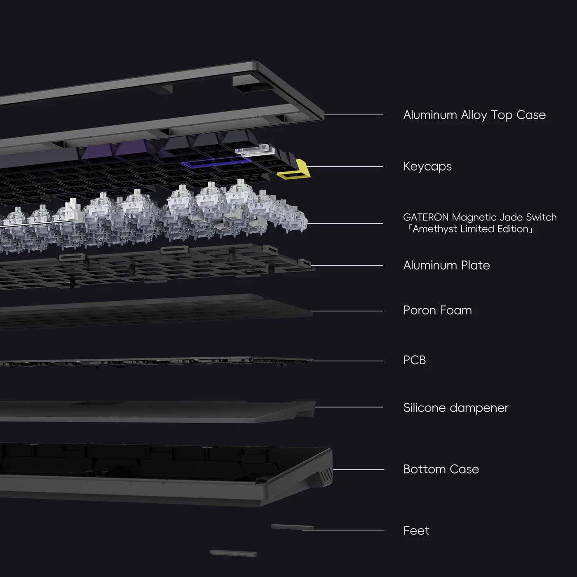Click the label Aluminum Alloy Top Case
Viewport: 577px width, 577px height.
[x=474, y=115]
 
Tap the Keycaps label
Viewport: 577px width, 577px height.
[x=427, y=167]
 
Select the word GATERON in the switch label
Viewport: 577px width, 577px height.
[x=426, y=217]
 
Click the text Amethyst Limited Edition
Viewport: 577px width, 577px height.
[x=470, y=229]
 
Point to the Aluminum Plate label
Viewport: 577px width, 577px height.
[x=446, y=265]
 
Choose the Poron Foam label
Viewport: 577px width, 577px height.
[x=437, y=310]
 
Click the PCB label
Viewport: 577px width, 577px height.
[x=414, y=360]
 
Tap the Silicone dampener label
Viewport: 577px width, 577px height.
[x=455, y=408]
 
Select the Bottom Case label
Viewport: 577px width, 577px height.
[x=441, y=469]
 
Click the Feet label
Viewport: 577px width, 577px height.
[x=416, y=530]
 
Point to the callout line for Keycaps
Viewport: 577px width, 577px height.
[x=346, y=167]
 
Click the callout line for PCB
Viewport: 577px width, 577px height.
[x=348, y=361]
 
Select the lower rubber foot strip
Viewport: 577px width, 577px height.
[x=233, y=553]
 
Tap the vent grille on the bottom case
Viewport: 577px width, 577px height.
[x=326, y=475]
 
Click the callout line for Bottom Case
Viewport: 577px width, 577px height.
[x=359, y=469]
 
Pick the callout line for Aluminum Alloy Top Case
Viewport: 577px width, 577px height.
[x=354, y=115]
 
